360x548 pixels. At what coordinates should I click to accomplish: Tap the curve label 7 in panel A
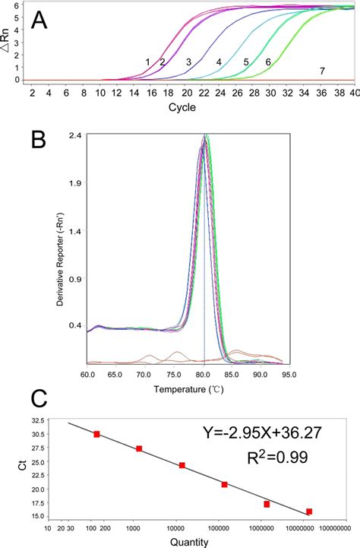[322, 71]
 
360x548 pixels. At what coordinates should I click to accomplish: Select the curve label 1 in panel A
[148, 62]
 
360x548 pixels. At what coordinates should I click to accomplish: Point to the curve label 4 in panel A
[219, 62]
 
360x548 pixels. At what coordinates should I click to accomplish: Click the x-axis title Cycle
[182, 107]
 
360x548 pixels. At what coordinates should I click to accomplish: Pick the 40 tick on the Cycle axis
[353, 93]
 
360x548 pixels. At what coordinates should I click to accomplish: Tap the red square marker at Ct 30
[96, 434]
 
